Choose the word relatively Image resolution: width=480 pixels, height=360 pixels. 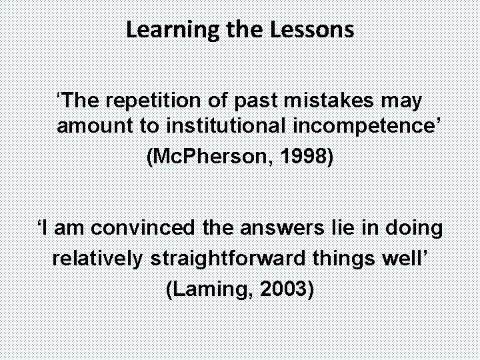click(x=97, y=258)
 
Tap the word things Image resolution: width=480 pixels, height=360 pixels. click(x=345, y=258)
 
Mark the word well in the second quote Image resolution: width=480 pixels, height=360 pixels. click(x=407, y=258)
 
